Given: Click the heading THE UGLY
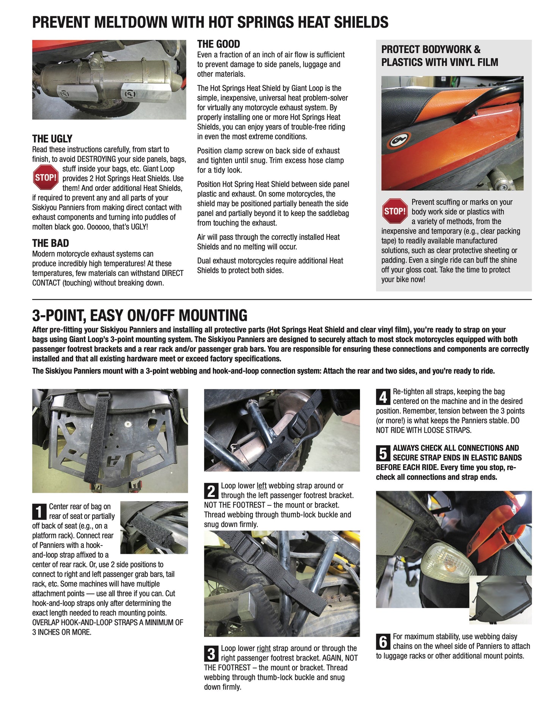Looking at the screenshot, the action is [x=52, y=139].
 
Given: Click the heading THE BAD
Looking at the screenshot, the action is [x=50, y=243].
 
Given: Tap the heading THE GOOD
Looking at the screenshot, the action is [x=218, y=44].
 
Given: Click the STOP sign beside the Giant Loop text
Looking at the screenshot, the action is [x=46, y=177].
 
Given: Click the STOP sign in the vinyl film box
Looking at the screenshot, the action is [x=395, y=211].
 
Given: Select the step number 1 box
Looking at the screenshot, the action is [x=39, y=511].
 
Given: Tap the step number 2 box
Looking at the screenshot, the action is [x=211, y=491].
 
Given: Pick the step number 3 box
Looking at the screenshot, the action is [x=211, y=654].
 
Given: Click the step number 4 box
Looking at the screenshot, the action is [x=383, y=397].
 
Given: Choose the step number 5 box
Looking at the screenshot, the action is [x=383, y=453].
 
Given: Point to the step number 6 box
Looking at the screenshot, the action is [x=383, y=642].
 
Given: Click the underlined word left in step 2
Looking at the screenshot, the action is [x=262, y=486].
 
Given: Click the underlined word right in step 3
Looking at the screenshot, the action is [x=264, y=648].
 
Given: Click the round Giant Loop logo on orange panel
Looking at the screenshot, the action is [x=398, y=140].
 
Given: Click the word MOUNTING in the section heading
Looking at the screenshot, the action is [x=213, y=315].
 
